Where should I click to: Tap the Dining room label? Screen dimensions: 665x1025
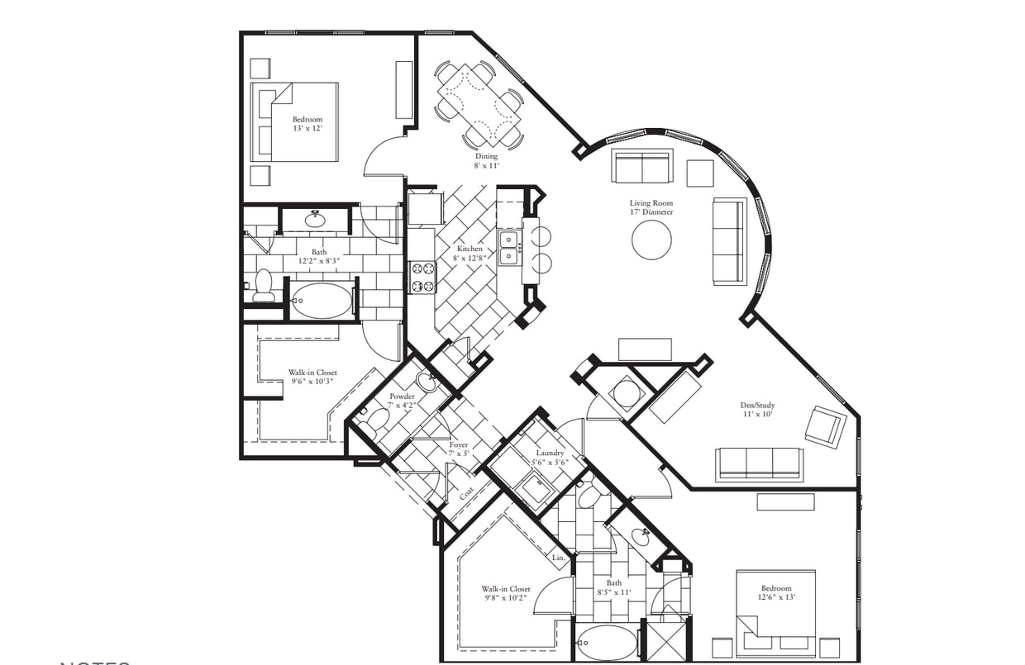pos(486,161)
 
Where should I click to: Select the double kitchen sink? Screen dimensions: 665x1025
pos(509,248)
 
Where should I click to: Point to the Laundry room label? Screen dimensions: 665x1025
pos(550,458)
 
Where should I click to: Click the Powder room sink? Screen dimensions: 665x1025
pos(427,382)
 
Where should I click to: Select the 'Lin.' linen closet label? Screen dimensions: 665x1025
pos(559,558)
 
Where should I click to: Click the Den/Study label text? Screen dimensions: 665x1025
pos(756,410)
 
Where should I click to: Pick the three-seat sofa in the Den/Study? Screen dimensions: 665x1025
pos(759,463)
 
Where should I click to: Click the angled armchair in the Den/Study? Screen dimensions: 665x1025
pos(826,426)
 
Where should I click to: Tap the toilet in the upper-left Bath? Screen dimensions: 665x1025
pos(264,285)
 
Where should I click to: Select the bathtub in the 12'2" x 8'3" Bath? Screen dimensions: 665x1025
pos(322,301)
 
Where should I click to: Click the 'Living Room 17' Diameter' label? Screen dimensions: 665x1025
pos(651,207)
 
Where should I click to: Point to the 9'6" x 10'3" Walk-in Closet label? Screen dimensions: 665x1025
pos(312,378)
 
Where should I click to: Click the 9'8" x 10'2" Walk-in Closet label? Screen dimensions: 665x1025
pos(506,594)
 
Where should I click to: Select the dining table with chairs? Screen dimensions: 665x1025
pos(479,103)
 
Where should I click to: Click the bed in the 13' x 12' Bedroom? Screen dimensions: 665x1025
pos(295,121)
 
